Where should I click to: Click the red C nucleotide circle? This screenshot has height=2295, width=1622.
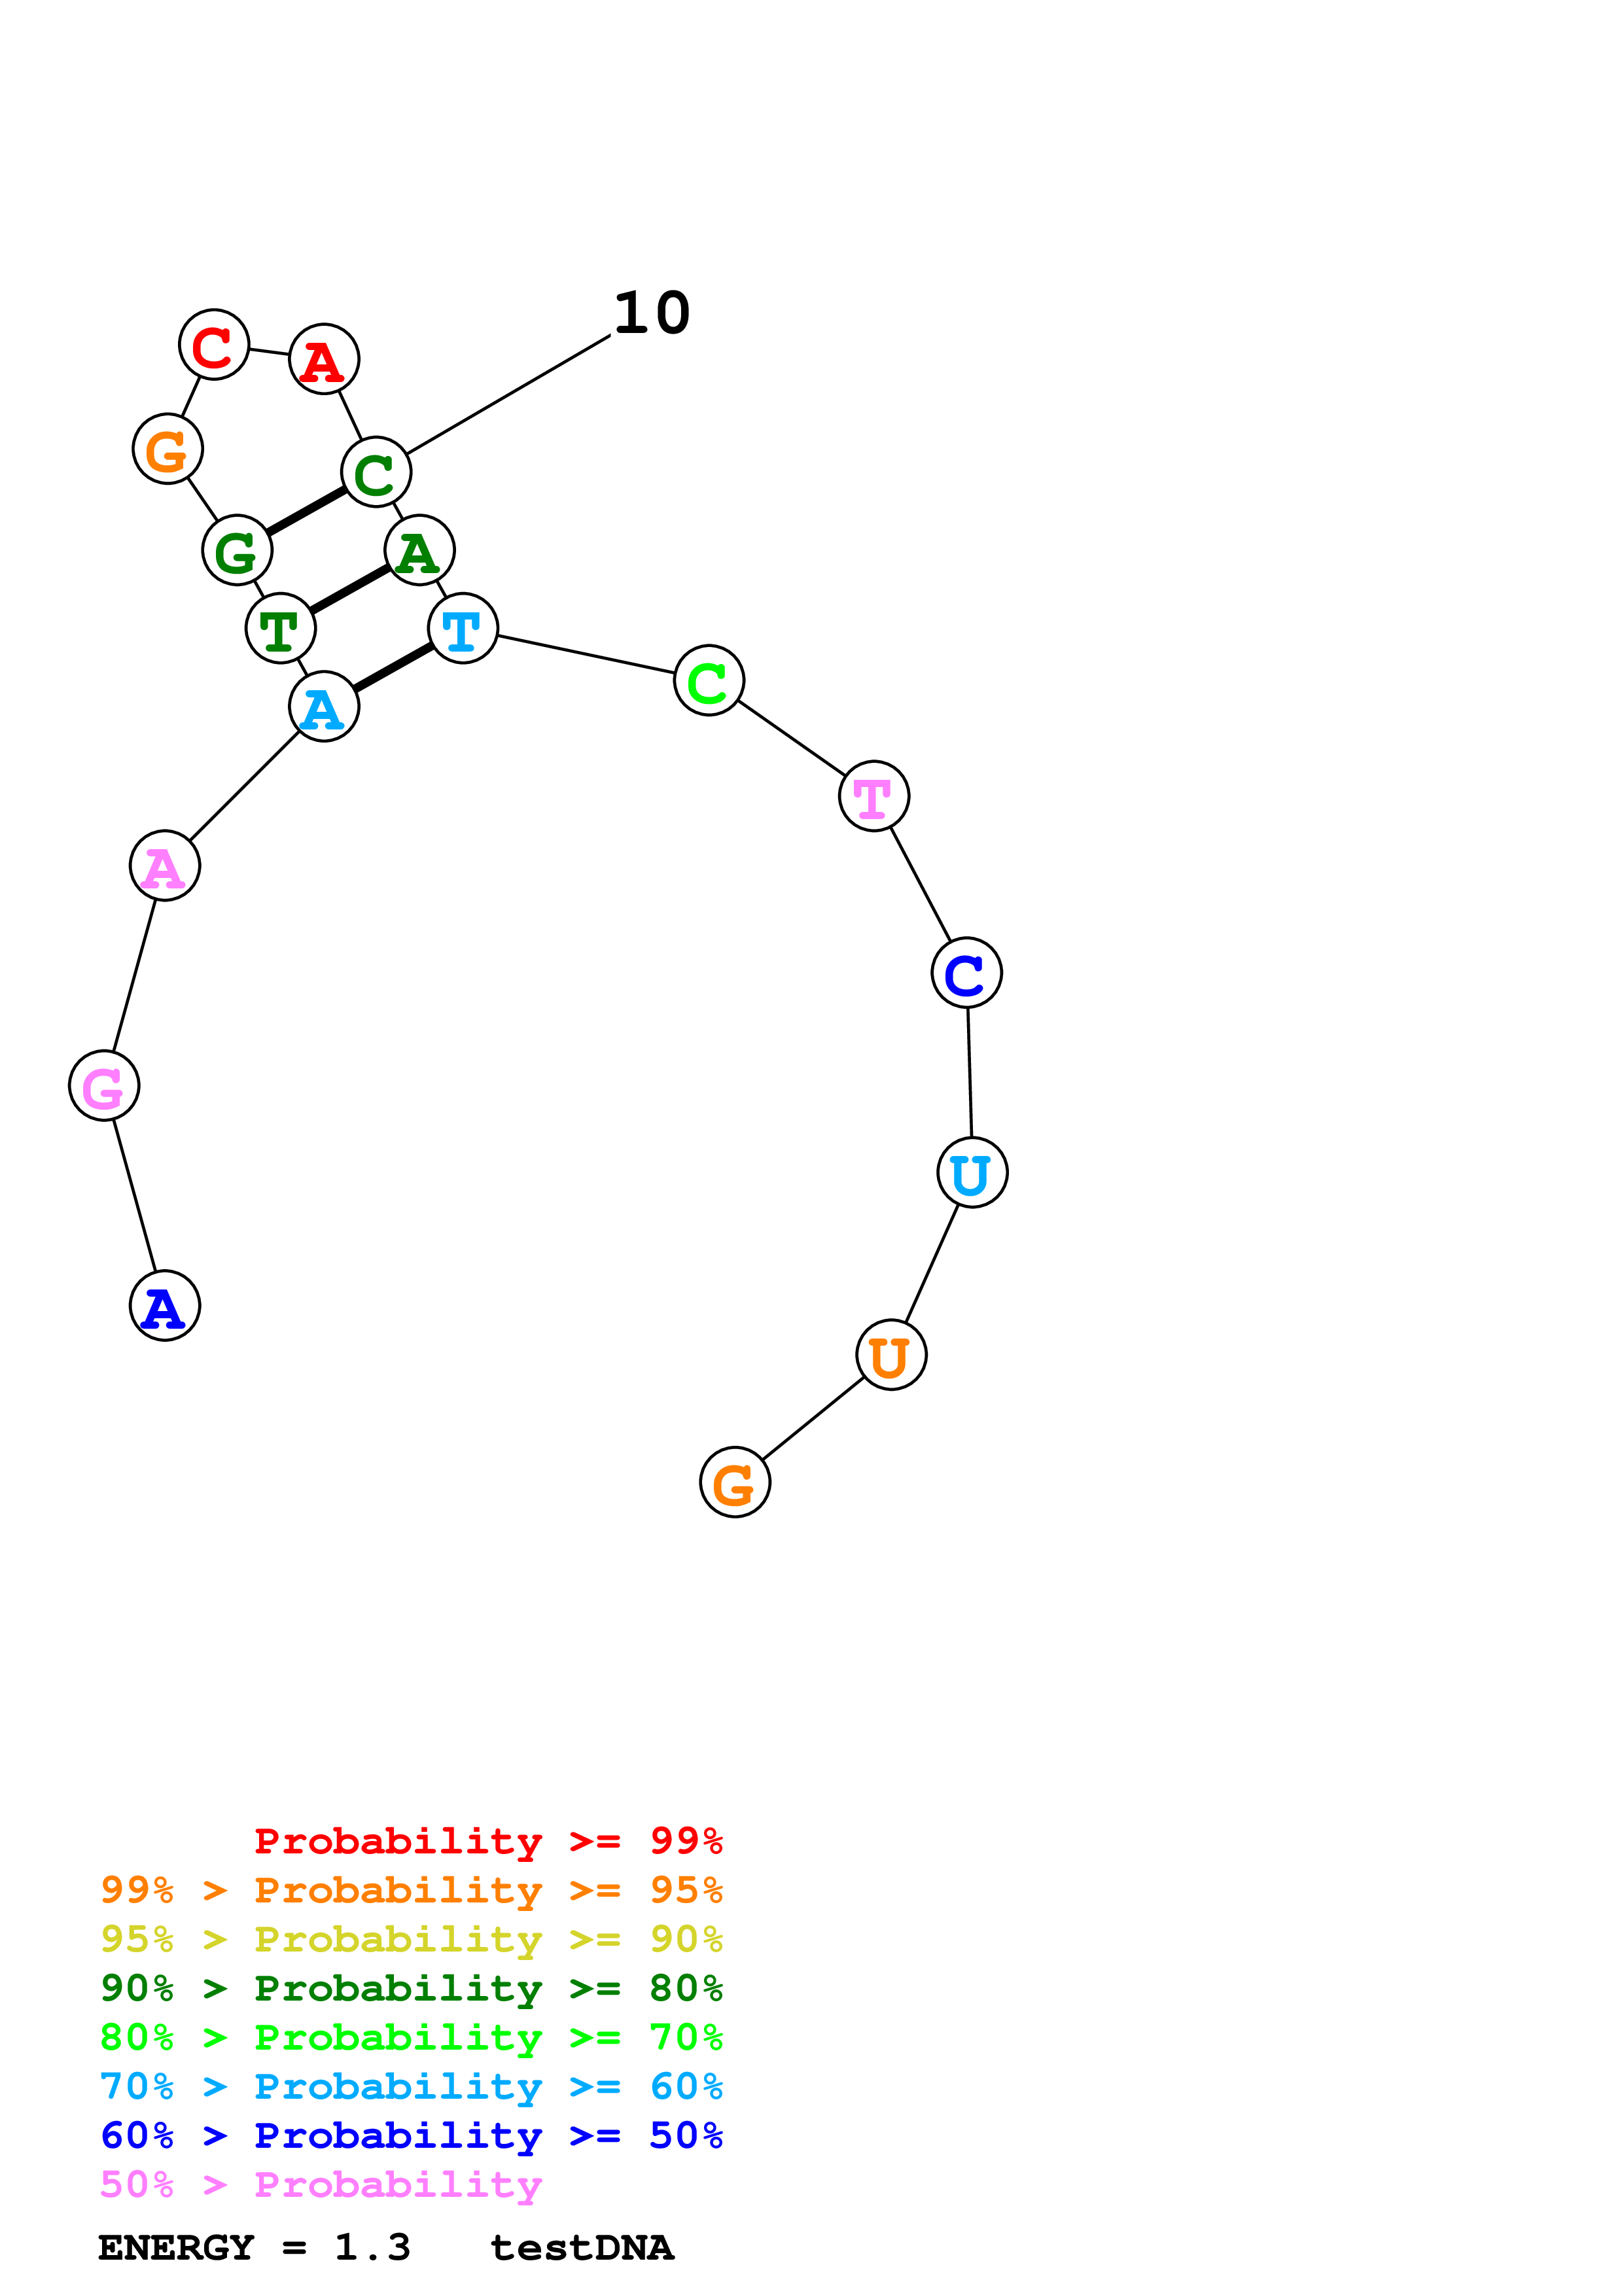click(x=214, y=345)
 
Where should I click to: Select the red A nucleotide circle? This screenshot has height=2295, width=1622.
click(x=324, y=359)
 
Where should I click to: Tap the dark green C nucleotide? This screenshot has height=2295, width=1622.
click(x=376, y=472)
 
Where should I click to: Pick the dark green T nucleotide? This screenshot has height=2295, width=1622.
click(x=281, y=628)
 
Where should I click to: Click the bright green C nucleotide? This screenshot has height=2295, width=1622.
click(x=709, y=680)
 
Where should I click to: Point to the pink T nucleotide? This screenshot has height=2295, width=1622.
click(x=874, y=797)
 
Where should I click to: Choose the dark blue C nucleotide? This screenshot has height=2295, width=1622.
click(x=966, y=973)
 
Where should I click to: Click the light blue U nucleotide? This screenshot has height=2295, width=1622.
click(x=972, y=1172)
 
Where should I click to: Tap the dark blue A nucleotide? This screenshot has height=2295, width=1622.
click(x=165, y=1305)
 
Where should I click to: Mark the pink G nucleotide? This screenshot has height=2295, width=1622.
click(x=104, y=1085)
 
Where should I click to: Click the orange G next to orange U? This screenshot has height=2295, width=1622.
click(x=735, y=1482)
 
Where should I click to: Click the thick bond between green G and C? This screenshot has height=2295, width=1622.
click(x=306, y=512)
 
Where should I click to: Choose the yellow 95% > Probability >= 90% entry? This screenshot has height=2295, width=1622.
click(x=412, y=1939)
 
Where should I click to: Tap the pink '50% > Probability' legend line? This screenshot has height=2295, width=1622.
click(x=321, y=2184)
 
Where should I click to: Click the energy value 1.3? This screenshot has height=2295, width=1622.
click(x=372, y=2247)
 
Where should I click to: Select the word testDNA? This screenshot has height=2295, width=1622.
click(x=582, y=2247)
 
